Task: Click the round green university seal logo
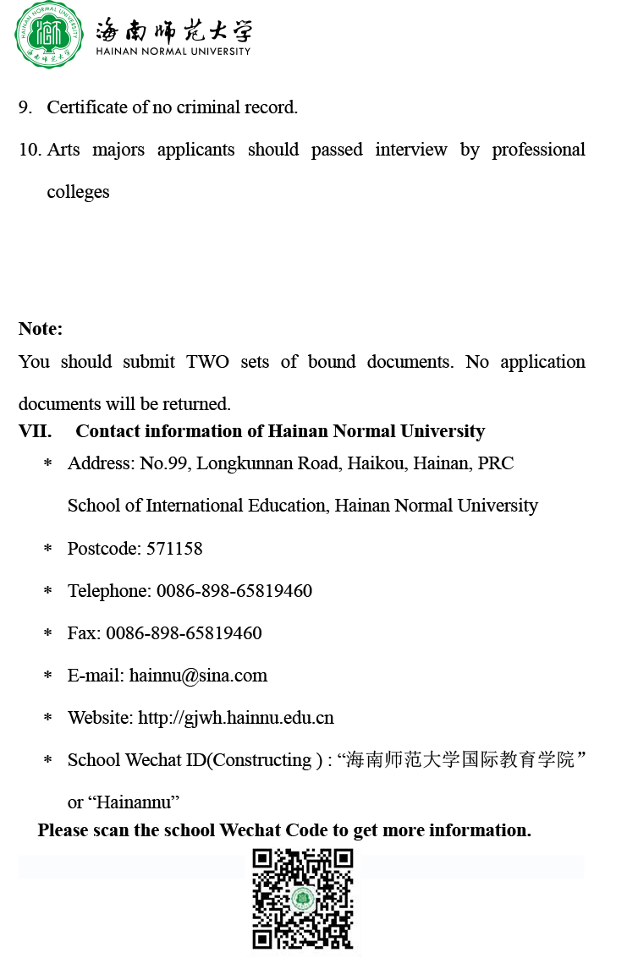click(x=48, y=35)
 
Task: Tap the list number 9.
click(x=25, y=107)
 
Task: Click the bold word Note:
click(x=41, y=328)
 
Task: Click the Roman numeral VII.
click(x=35, y=431)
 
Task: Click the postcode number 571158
click(x=174, y=548)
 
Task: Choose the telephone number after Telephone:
click(x=234, y=591)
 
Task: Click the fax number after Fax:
click(x=184, y=633)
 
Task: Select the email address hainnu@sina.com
click(x=198, y=676)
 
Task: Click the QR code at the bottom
click(x=303, y=898)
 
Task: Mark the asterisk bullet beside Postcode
click(x=48, y=550)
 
